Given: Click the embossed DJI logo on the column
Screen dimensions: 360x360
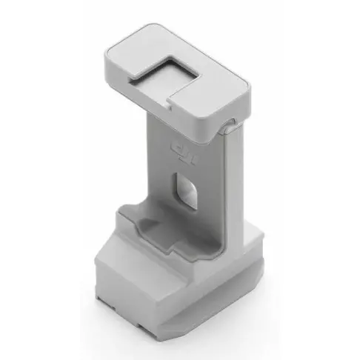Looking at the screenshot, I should click(x=182, y=153).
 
